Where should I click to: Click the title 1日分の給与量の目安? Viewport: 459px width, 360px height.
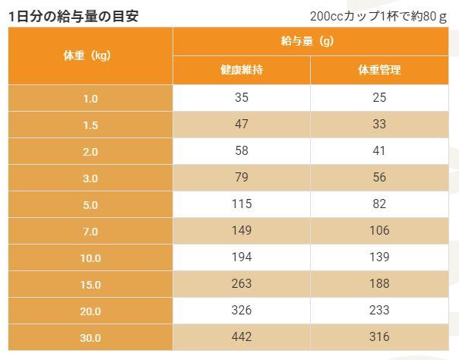click(x=73, y=14)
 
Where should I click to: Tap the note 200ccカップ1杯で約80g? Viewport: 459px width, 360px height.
click(x=378, y=15)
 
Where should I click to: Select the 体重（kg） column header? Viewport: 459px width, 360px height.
click(x=90, y=56)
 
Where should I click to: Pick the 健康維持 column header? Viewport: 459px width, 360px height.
click(x=242, y=70)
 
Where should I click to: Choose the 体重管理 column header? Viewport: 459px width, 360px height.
click(x=379, y=70)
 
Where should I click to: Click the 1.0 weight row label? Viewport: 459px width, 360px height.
click(x=90, y=99)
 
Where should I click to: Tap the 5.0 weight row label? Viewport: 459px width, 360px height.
click(x=90, y=205)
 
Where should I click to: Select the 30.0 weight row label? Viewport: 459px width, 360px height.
click(x=90, y=338)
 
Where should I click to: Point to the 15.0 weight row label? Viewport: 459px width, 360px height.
click(x=90, y=285)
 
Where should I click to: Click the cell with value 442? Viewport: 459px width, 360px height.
click(x=242, y=336)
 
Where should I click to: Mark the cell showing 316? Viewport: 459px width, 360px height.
click(x=379, y=336)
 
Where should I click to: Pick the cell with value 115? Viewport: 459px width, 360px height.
click(x=242, y=204)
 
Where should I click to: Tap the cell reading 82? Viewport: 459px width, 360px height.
click(x=379, y=204)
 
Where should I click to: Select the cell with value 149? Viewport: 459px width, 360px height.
click(x=242, y=230)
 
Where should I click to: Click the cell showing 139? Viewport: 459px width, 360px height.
click(x=379, y=257)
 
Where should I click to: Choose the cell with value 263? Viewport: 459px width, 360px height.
click(x=242, y=283)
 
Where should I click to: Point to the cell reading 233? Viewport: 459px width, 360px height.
click(x=379, y=310)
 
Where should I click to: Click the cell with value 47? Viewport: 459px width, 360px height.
click(x=242, y=124)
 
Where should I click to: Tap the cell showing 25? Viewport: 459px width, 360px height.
click(x=379, y=97)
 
